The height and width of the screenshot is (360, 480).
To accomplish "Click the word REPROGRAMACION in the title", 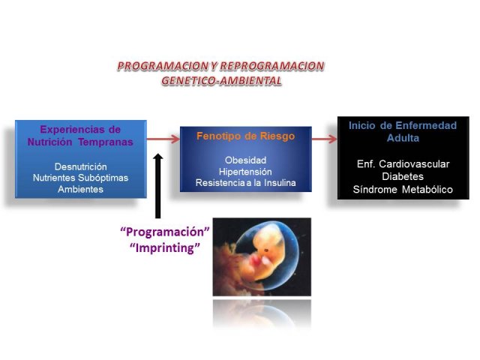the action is tap(272, 66).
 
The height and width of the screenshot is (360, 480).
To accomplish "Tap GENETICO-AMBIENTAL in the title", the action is tap(221, 80).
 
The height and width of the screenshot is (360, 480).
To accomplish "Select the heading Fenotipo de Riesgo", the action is tap(245, 136).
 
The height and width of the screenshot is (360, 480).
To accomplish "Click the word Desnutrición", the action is tap(81, 166).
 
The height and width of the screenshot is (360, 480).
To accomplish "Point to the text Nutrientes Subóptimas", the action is tap(80, 178).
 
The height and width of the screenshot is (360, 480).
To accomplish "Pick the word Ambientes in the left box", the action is tap(80, 189).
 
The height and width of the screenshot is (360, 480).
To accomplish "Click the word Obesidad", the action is tap(245, 160).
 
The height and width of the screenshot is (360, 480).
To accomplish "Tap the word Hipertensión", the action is tap(245, 172).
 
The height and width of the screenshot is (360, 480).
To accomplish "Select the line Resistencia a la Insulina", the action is tap(245, 183).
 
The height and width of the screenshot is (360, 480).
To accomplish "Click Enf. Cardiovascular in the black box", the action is tap(403, 164).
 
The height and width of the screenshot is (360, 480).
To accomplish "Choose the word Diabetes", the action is tap(403, 177).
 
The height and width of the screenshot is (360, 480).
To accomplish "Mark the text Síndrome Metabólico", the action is tap(403, 190).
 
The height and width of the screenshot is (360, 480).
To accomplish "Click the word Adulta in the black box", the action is tap(403, 138).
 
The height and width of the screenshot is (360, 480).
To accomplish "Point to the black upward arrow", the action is tap(158, 186).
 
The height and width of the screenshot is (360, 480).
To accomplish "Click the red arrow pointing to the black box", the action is tap(324, 139).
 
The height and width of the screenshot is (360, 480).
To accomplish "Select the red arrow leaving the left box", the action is tap(163, 139).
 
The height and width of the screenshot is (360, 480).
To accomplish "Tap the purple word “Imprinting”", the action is tap(165, 247).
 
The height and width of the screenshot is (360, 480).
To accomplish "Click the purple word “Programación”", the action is tap(165, 232).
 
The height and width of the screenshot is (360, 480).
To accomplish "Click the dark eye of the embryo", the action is tap(266, 250).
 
